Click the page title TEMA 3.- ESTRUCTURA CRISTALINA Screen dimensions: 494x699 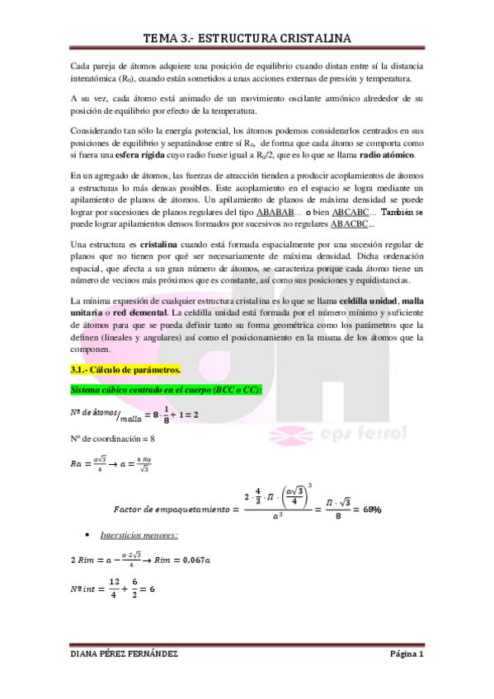pyautogui.click(x=247, y=38)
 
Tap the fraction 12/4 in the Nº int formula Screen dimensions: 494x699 pyautogui.click(x=113, y=590)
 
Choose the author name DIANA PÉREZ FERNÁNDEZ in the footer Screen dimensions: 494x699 pyautogui.click(x=125, y=654)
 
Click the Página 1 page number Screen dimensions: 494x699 pyautogui.click(x=407, y=654)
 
